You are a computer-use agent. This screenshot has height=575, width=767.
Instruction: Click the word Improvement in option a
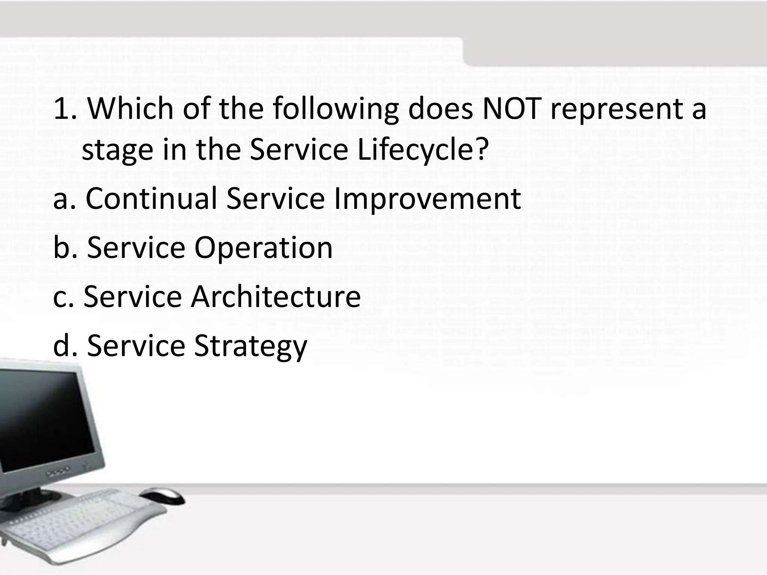(427, 198)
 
